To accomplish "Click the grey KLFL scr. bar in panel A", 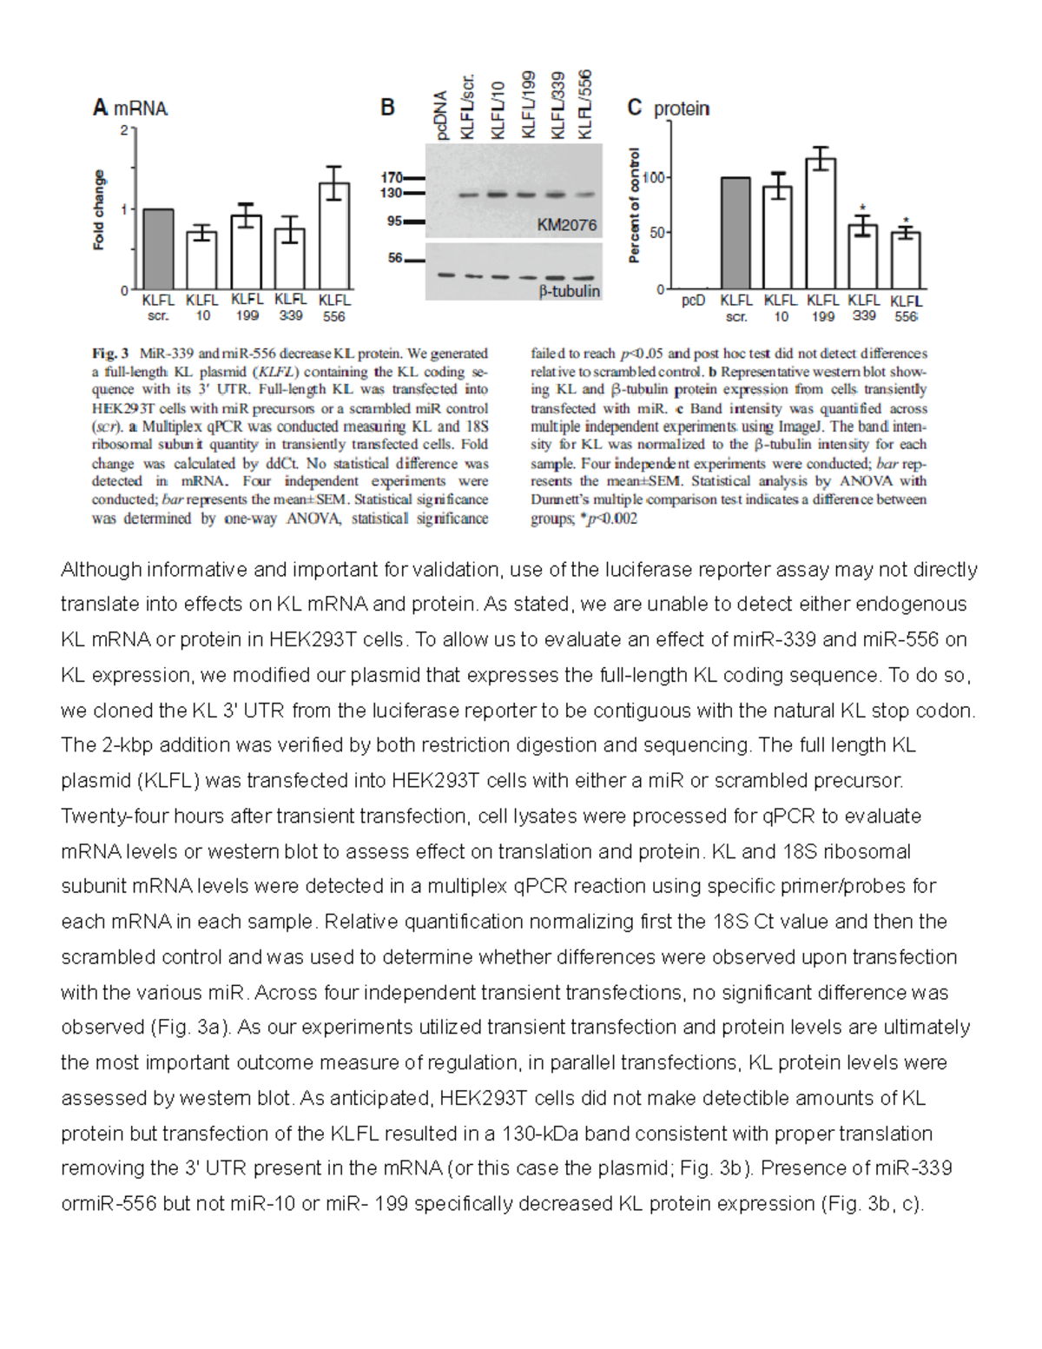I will (158, 249).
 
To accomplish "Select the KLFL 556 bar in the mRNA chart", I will (334, 236).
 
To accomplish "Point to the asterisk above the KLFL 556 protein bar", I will (906, 221).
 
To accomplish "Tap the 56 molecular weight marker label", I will (395, 258).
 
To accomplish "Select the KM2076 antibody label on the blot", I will (566, 225).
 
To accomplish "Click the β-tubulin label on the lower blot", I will (569, 291).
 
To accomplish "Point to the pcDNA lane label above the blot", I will (441, 115).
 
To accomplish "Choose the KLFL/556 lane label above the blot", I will (585, 103).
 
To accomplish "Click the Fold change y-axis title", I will (99, 210).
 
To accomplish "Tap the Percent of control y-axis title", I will (634, 205).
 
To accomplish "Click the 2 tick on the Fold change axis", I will (124, 130).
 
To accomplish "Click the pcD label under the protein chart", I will (693, 301).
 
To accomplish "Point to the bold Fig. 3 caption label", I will (110, 354).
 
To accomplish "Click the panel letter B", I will (387, 108).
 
